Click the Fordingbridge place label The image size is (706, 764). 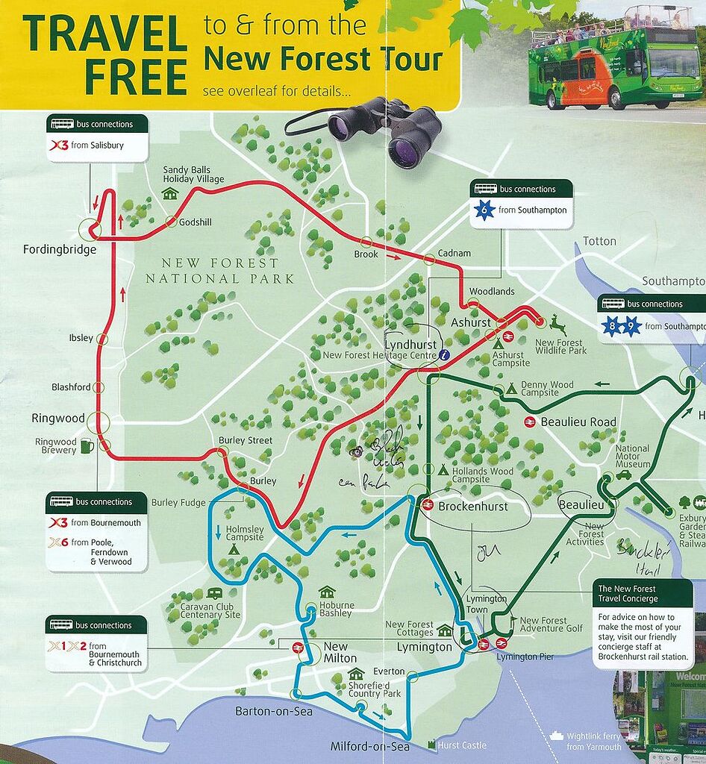(x=60, y=250)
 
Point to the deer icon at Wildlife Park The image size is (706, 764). (x=557, y=325)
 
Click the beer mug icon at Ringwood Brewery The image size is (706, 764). (x=87, y=446)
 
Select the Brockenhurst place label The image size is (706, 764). (x=472, y=507)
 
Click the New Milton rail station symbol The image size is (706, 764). (x=298, y=648)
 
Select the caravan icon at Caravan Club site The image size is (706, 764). (x=214, y=593)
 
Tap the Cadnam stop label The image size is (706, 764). (x=454, y=254)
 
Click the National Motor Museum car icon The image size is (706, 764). (x=622, y=475)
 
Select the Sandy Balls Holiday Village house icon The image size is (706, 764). (x=169, y=194)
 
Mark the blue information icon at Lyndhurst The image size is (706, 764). (x=445, y=356)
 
